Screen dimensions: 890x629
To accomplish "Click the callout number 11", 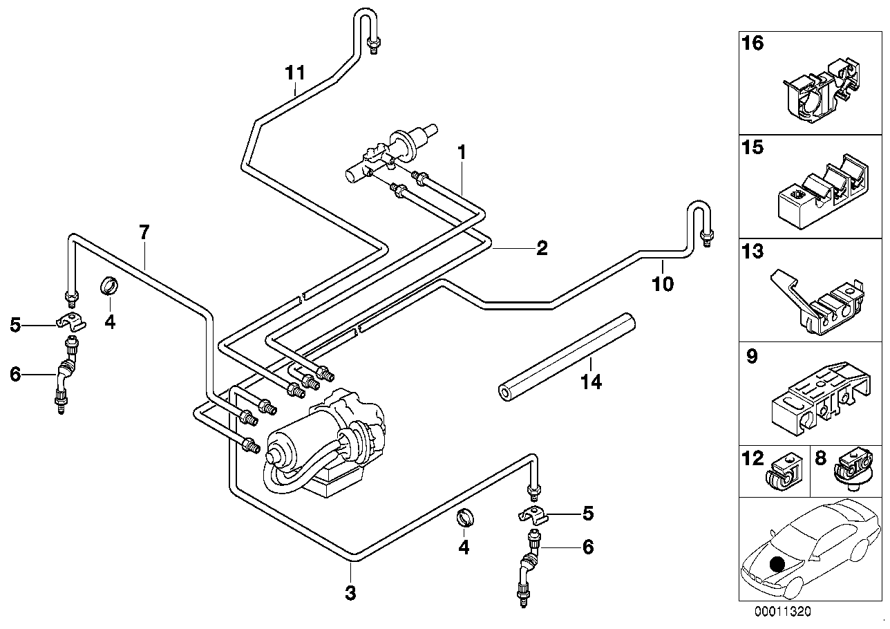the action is [x=295, y=73].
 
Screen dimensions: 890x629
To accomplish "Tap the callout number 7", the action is [x=144, y=232].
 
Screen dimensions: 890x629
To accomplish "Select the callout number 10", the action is [x=663, y=284].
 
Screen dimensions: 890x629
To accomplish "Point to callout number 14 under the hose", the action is [x=591, y=382].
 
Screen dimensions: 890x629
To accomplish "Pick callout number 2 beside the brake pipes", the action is [x=542, y=248].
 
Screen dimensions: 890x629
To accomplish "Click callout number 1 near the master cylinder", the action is [x=462, y=153].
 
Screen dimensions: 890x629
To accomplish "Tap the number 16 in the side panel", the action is [x=752, y=43].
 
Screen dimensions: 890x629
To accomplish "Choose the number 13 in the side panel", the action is [x=752, y=251].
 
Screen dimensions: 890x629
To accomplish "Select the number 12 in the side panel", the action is [x=752, y=458].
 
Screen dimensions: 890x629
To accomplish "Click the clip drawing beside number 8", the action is [x=853, y=468].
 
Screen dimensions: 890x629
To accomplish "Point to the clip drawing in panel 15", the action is [x=822, y=193].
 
